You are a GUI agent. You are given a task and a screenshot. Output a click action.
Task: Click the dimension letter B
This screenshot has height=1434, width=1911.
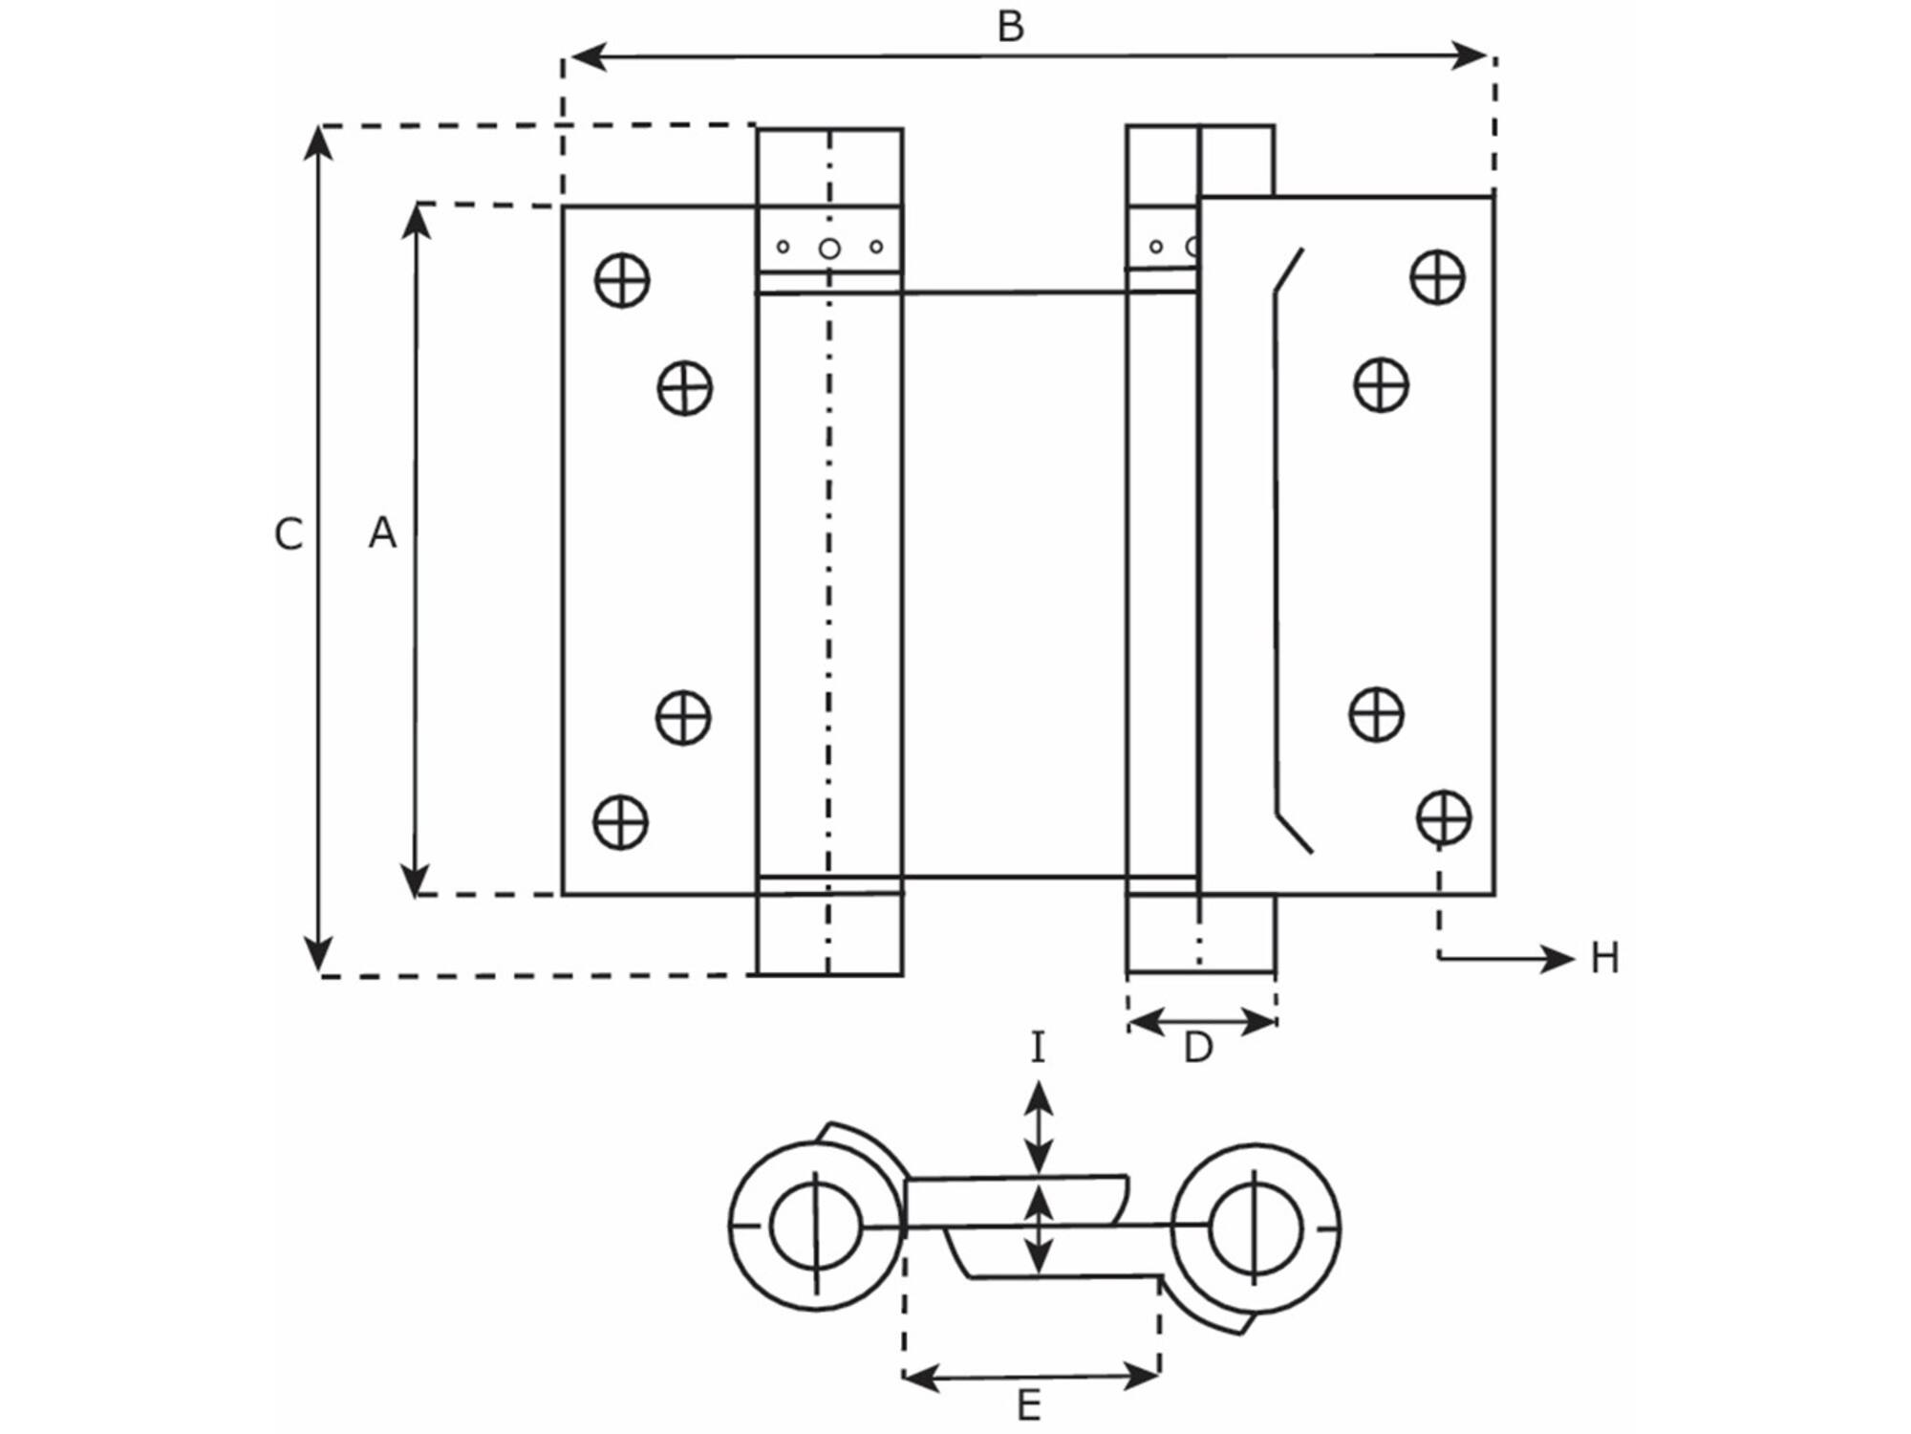click(1010, 27)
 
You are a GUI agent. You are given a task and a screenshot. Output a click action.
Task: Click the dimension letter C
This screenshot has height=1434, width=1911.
click(288, 534)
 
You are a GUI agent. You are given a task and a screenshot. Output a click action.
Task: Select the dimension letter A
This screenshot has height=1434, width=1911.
click(382, 532)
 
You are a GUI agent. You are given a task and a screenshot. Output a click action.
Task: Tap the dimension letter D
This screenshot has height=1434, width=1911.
click(1197, 1049)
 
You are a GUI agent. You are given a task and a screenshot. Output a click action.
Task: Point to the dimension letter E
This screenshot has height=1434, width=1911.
click(1028, 1405)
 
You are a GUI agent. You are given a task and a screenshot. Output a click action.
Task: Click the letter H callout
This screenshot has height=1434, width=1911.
click(1604, 958)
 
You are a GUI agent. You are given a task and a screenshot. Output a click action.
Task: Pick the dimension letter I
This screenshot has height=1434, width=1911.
click(1039, 1048)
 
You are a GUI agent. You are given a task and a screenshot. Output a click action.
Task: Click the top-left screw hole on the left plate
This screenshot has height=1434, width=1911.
click(622, 281)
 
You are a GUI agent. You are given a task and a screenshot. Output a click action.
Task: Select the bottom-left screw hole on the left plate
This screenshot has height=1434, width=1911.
click(621, 822)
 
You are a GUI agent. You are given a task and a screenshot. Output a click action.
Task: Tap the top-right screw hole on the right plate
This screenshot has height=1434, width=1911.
click(1438, 277)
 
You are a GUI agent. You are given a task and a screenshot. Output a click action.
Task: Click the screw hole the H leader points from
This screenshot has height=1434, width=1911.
click(1444, 817)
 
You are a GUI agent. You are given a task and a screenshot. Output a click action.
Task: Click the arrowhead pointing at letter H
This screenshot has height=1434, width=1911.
click(1557, 958)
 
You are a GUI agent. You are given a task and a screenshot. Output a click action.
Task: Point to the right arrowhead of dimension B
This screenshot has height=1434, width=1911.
click(1470, 55)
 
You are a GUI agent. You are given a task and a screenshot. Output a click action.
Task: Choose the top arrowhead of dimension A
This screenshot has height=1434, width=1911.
click(417, 222)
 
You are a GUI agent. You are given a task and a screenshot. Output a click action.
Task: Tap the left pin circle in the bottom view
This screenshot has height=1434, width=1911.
click(816, 1227)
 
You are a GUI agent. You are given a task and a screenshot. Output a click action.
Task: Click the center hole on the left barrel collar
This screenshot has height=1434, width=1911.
click(829, 249)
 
